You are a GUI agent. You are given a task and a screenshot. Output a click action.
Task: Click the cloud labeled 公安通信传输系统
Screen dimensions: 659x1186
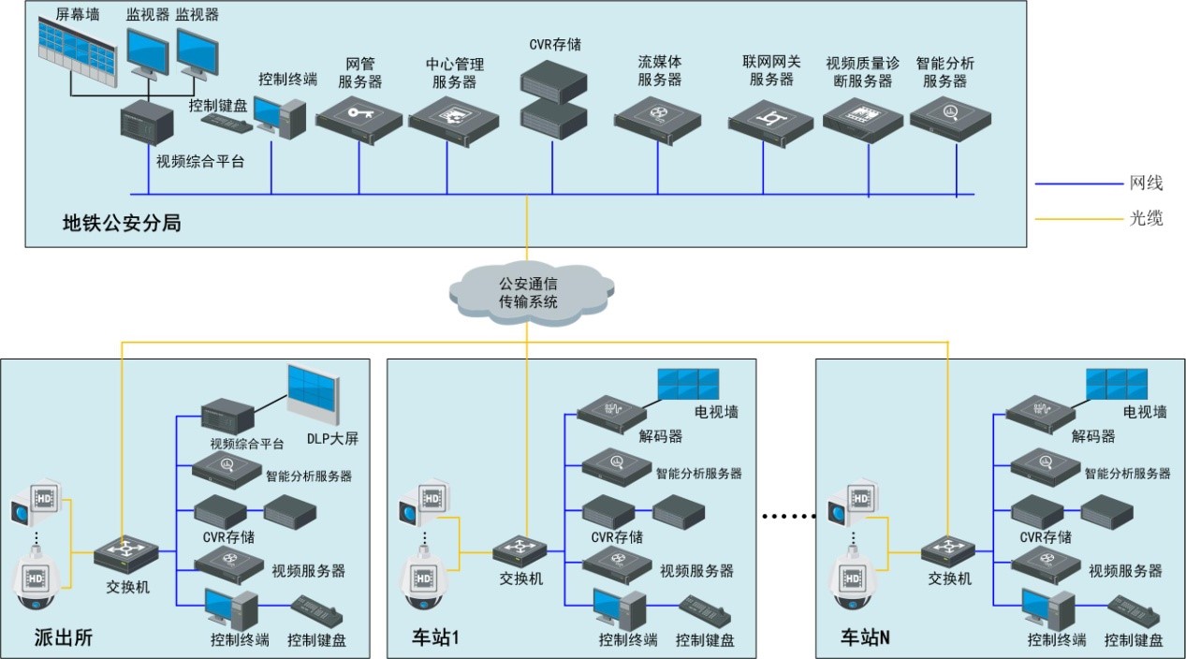527,290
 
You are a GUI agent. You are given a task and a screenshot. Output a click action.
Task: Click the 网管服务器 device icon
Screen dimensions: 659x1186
359,119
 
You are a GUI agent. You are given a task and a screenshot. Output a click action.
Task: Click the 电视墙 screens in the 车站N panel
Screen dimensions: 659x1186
1115,383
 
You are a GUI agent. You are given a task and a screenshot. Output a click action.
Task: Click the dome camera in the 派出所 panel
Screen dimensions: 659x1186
37,584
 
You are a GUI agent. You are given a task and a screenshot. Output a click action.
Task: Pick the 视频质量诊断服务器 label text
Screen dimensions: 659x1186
862,72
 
